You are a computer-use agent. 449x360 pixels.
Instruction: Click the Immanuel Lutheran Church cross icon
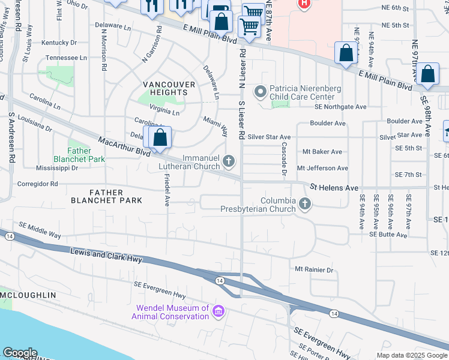(228, 161)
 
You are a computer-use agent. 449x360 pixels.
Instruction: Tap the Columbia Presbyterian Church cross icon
(305, 205)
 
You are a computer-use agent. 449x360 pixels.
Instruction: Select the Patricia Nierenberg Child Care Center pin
(260, 92)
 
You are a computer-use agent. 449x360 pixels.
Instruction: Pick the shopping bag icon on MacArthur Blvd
(160, 138)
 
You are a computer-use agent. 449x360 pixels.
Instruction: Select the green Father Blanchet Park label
(79, 155)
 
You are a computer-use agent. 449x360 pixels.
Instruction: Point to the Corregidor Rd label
(37, 184)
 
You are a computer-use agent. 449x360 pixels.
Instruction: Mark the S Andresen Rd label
(11, 139)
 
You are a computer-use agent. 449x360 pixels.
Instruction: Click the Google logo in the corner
(20, 353)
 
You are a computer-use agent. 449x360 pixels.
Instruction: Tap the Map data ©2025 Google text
(411, 355)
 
